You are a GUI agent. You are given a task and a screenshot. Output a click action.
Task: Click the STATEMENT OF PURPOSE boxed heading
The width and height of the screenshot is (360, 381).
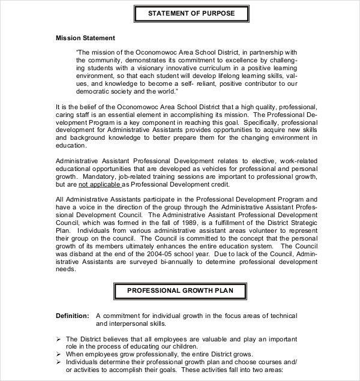tap(183, 13)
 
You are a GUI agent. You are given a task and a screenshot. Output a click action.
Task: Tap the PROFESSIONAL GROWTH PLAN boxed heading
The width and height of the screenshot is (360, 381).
tap(179, 292)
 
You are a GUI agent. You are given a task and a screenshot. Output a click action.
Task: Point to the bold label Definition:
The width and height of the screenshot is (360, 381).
tap(73, 316)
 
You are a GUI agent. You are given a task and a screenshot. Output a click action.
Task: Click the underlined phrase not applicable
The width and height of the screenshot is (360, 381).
tap(97, 185)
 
